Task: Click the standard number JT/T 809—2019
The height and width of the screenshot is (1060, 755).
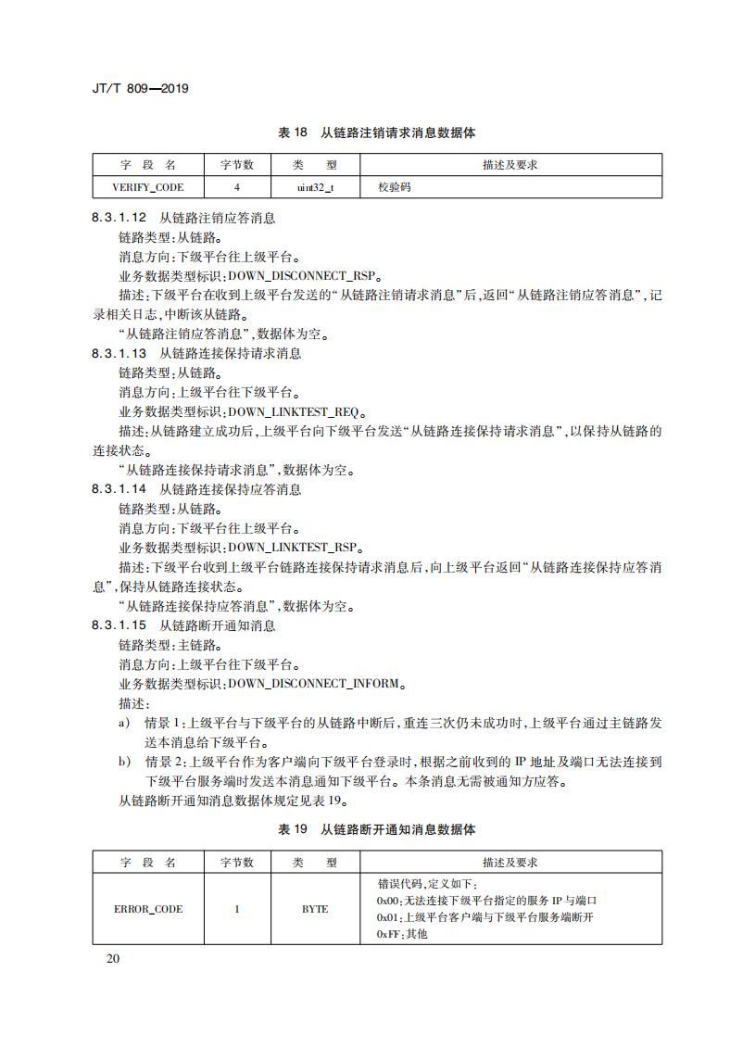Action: tap(140, 89)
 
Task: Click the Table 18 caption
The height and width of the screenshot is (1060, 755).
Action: tap(377, 133)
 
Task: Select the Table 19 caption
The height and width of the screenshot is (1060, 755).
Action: tap(377, 829)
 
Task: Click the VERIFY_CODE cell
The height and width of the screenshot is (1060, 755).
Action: tap(148, 187)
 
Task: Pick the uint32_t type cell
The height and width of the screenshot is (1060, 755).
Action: tap(314, 187)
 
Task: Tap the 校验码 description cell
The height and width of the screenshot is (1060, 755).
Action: tap(394, 187)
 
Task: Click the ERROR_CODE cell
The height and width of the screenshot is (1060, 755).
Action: tap(148, 909)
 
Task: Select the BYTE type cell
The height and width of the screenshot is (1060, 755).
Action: tap(314, 909)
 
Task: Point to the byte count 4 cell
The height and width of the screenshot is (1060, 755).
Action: tap(237, 187)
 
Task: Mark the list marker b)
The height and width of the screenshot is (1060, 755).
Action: tap(124, 761)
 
